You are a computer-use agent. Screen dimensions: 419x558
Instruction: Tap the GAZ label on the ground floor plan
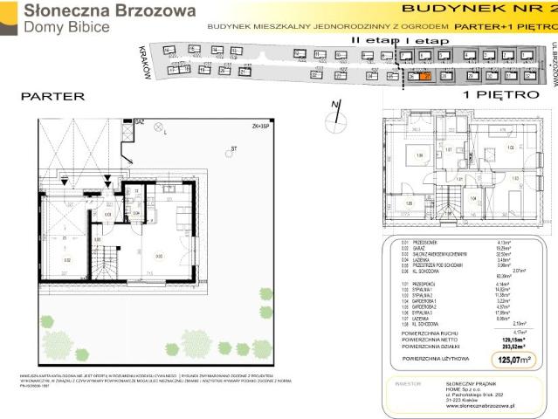click(140, 123)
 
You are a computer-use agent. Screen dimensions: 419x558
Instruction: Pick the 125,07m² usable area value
click(512, 359)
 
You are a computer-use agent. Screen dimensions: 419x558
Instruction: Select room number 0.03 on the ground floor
click(157, 256)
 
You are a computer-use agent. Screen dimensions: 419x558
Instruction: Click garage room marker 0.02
click(66, 259)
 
